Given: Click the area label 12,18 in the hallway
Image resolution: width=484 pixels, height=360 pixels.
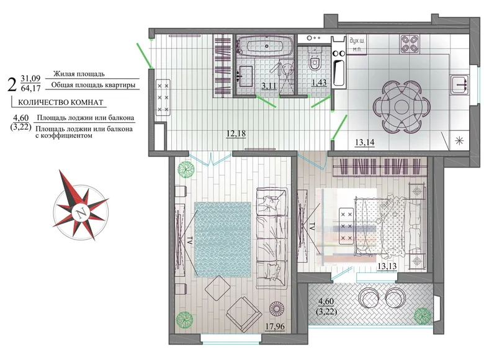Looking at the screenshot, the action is tap(236, 133).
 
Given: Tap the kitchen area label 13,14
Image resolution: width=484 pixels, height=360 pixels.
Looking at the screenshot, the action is tap(364, 142).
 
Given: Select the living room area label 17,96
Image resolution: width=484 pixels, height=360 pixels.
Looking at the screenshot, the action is tap(275, 326).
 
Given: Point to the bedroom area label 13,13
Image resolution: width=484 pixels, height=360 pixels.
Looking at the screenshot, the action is tap(387, 266).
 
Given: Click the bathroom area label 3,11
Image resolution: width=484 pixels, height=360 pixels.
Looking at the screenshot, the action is tap(269, 86).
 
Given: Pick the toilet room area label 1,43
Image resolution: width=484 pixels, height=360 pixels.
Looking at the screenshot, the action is tap(319, 83).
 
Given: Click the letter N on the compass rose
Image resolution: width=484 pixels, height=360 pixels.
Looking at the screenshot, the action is tap(81, 213).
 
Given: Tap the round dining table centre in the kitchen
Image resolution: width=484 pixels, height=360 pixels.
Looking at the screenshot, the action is tap(401, 107).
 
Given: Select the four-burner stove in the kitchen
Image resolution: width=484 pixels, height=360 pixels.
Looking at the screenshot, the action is tap(410, 44).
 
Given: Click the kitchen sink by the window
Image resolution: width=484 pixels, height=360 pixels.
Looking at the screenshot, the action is tap(459, 84).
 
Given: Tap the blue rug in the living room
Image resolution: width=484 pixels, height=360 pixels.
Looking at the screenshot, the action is tap(223, 240).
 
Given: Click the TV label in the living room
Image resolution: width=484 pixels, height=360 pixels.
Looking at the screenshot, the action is tap(190, 240).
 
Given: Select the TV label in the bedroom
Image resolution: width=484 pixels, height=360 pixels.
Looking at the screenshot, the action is tap(311, 227).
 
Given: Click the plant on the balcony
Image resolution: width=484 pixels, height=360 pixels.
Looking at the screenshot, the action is tap(423, 315).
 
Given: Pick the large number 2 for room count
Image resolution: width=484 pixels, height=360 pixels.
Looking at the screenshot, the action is tap(12, 84).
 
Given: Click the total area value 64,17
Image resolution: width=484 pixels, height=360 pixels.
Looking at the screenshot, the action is tap(30, 89).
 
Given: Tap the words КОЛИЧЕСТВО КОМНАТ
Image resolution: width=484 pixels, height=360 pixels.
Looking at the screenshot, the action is tap(61, 102).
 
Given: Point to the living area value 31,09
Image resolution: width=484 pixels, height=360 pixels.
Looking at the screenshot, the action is tap(30, 78).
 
